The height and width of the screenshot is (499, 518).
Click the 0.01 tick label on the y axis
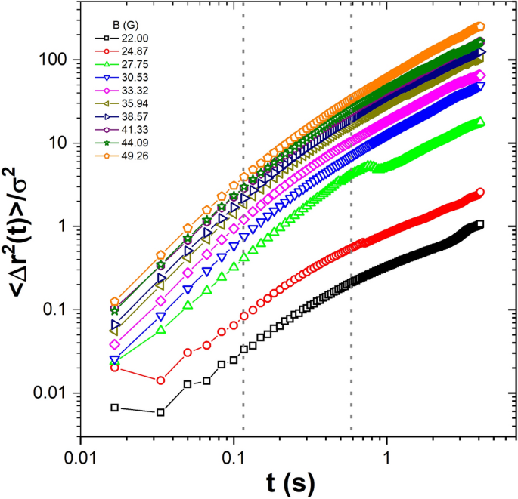(x=56, y=393)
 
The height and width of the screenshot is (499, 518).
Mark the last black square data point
(x=480, y=224)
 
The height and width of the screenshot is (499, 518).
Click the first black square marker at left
(x=115, y=408)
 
